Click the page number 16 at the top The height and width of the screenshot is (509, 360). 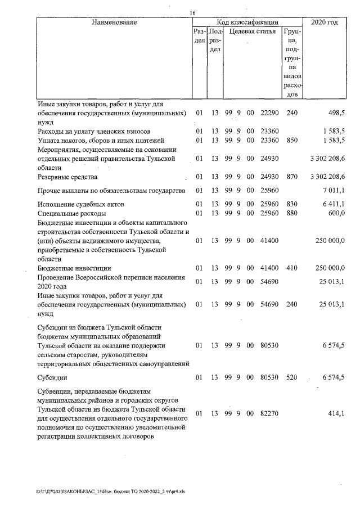pos(193,13)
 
